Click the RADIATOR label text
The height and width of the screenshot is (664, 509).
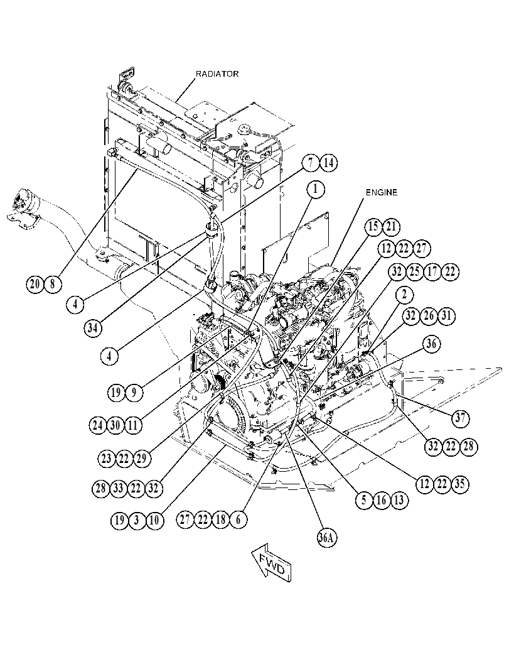click(217, 73)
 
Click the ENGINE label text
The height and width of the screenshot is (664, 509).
click(382, 192)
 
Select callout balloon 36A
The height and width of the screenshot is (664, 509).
click(326, 538)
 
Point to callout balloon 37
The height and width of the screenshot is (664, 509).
click(460, 418)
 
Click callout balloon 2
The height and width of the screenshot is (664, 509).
click(404, 294)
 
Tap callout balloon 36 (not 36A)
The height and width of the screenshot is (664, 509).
click(431, 344)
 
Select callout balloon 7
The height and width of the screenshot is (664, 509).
click(311, 163)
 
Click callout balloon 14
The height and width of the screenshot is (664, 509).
click(329, 163)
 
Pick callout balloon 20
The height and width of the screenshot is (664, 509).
click(35, 283)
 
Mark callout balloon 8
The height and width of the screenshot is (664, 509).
click(53, 283)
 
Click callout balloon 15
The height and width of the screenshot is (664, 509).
click(373, 227)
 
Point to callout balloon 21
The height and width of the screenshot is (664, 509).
click(392, 227)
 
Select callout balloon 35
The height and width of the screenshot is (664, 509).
click(460, 483)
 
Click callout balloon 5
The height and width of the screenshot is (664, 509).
click(364, 500)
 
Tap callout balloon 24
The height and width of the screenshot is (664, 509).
click(98, 425)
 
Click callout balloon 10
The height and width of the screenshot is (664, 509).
click(154, 520)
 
